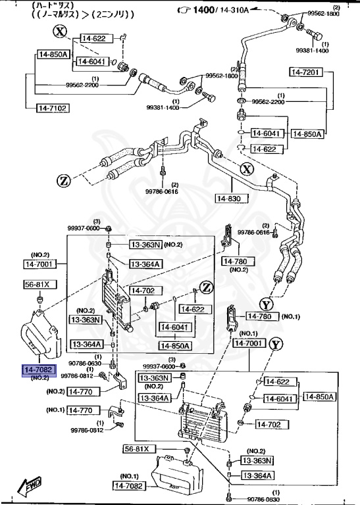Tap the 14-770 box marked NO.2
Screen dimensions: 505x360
tap(83, 391)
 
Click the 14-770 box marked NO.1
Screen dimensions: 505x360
tap(83, 410)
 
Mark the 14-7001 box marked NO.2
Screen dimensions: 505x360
tap(41, 264)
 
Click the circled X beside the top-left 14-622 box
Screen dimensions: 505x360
tap(61, 32)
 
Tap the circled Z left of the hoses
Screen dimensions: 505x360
tap(63, 181)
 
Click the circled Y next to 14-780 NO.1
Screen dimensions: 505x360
tap(266, 304)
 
